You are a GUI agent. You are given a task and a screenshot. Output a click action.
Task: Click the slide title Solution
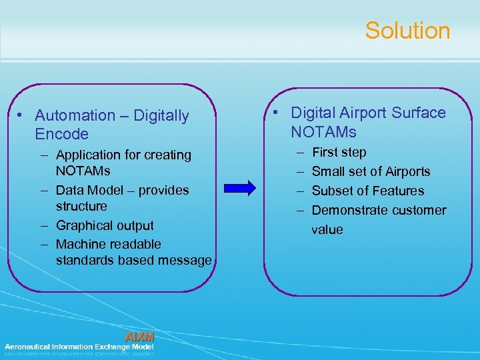[x=407, y=31]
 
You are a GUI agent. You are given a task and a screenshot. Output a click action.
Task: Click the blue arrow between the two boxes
[x=242, y=188]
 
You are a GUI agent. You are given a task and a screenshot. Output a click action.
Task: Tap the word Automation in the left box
[x=75, y=116]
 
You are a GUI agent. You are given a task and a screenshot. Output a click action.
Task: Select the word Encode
[x=61, y=134]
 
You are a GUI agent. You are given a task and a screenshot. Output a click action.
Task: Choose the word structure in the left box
[x=81, y=207]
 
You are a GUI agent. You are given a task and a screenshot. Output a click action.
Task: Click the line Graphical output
[x=105, y=226]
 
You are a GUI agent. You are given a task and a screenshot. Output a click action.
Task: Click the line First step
[x=339, y=153]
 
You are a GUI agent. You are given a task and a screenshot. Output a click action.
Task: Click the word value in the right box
[x=327, y=230]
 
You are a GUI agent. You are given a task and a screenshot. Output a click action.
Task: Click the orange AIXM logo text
[x=139, y=337]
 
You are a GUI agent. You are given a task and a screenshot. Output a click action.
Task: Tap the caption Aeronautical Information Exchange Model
[x=79, y=347]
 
